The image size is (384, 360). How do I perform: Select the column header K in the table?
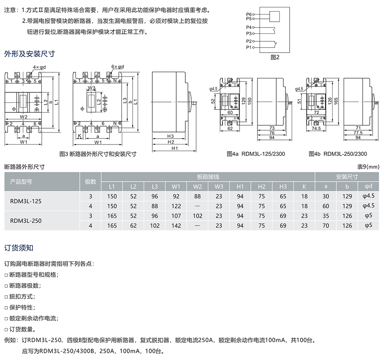pyautogui.click(x=304, y=186)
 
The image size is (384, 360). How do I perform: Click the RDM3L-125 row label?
pyautogui.click(x=26, y=201)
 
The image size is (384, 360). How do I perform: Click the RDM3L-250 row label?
pyautogui.click(x=26, y=221)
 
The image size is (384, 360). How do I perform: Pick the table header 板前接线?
pyautogui.click(x=208, y=177)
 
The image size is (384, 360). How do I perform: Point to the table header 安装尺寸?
pyautogui.click(x=347, y=177)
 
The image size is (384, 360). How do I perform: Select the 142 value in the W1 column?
pyautogui.click(x=176, y=226)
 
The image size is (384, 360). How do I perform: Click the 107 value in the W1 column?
pyautogui.click(x=176, y=216)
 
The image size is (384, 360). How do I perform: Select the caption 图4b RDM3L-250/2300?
pyautogui.click(x=338, y=154)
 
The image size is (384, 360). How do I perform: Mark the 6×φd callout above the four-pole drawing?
pyautogui.click(x=118, y=66)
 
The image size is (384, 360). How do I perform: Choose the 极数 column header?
pyautogui.click(x=91, y=182)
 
